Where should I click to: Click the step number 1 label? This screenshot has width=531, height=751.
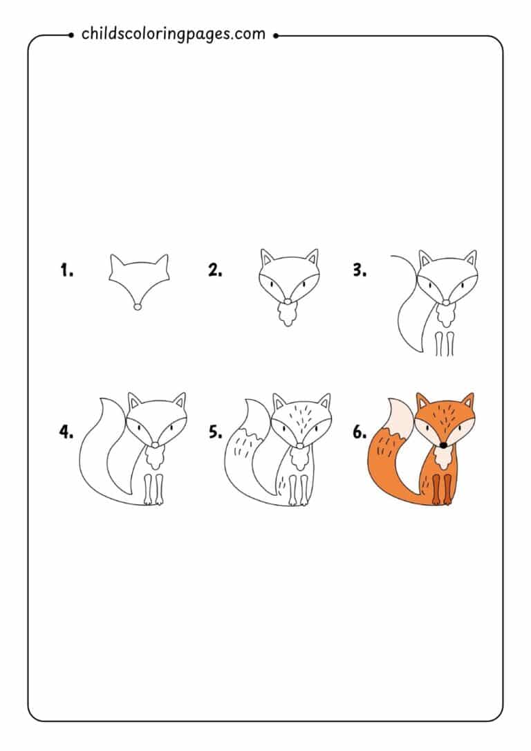coord(66,270)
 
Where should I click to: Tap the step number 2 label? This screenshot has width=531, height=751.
coord(215,270)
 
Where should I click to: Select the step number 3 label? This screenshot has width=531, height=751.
coord(360,270)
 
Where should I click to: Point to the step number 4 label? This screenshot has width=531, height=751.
coord(66,432)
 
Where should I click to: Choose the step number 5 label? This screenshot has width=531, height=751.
coord(215,432)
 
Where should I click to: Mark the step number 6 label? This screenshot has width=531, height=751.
coord(360,432)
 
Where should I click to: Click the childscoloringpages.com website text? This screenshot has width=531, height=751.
coord(173,33)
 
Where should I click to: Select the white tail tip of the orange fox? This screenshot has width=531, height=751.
coord(400,418)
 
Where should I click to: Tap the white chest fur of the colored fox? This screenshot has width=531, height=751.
coord(443,457)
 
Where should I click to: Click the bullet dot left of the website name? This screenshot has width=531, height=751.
coord(73,34)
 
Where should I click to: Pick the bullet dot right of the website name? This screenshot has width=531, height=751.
coord(275,34)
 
